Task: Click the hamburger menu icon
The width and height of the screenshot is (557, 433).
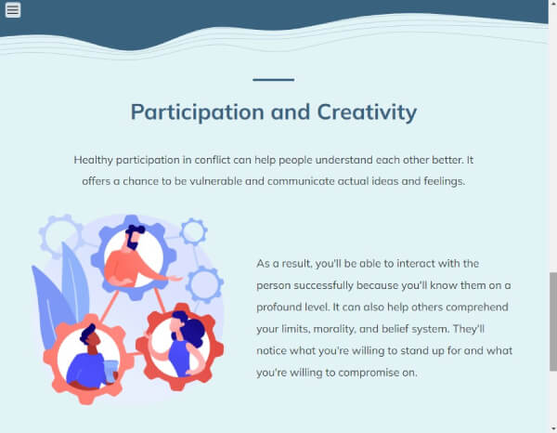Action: (13, 10)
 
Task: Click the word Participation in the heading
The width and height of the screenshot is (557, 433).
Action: (198, 112)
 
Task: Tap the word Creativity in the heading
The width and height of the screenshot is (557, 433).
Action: (367, 112)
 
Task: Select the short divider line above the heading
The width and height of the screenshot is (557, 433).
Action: (274, 80)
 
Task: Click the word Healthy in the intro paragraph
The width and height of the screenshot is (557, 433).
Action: (94, 161)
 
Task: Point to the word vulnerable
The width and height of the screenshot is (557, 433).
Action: (215, 181)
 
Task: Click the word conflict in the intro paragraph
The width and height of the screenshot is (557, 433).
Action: (213, 160)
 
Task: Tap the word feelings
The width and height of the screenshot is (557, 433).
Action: (445, 182)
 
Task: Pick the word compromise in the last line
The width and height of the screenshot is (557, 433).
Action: (369, 373)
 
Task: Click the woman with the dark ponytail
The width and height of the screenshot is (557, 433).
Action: (184, 344)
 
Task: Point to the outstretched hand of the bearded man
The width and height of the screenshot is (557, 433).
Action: (175, 279)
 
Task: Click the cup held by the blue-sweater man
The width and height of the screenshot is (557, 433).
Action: (110, 372)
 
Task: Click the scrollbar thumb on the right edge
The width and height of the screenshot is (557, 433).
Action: (553, 322)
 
